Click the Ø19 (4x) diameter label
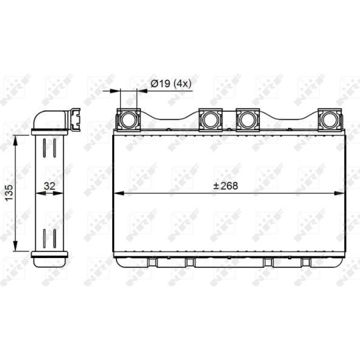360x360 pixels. pos(171,84)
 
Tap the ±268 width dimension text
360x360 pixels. pos(226,186)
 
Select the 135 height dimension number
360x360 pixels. pos(9,193)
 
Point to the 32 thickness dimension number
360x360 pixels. pos(50,186)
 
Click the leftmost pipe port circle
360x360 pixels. pos(129,120)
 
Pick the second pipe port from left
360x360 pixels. pos(210,120)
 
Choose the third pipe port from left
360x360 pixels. pos(248,120)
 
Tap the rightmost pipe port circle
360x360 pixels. pos(330,120)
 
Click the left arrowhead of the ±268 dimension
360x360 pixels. pos(119,193)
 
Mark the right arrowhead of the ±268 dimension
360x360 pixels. pos(339,193)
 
